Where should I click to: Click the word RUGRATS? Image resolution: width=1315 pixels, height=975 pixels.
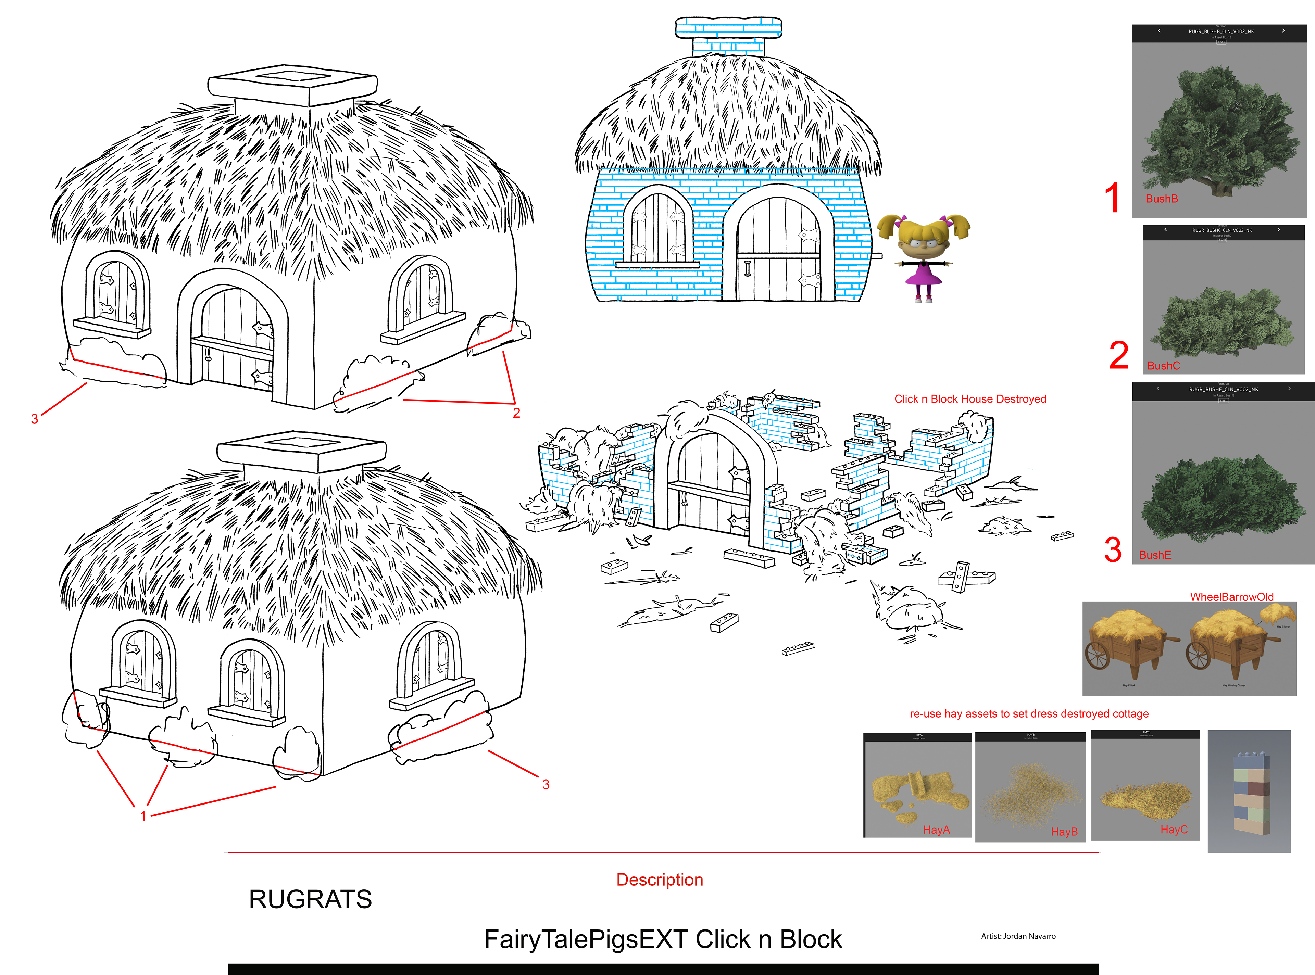(311, 899)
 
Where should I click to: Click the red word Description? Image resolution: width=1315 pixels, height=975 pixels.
(659, 879)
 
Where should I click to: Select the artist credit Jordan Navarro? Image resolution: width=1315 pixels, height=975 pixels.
(1018, 936)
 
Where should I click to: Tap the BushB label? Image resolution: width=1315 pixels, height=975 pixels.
(1162, 199)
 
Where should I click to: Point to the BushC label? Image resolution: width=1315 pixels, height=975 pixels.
(1163, 366)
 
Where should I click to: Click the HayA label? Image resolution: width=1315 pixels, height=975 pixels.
(936, 830)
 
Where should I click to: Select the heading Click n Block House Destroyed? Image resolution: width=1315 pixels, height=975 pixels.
(970, 399)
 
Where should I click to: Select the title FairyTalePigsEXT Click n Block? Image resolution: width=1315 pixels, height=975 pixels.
(663, 939)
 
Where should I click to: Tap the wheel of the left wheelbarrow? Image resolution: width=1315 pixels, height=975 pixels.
(1098, 655)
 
